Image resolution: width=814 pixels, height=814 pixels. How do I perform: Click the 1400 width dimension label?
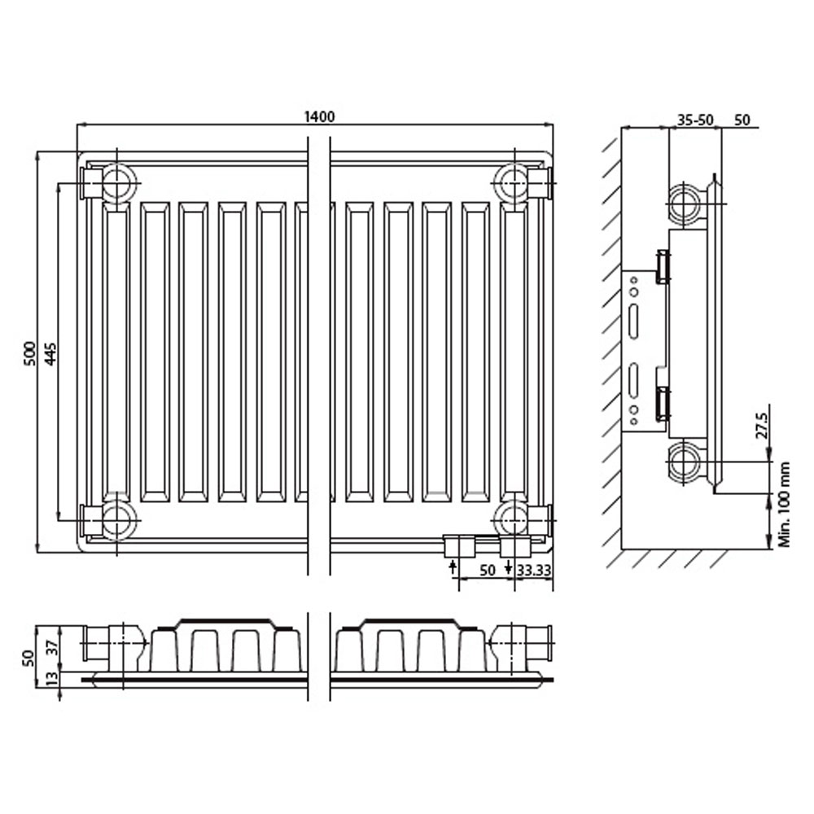pyautogui.click(x=319, y=116)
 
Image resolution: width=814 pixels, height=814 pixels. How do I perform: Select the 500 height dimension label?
pyautogui.click(x=31, y=353)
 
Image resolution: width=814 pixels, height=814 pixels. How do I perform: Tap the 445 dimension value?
pyautogui.click(x=50, y=353)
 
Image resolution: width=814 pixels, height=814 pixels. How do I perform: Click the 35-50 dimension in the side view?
pyautogui.click(x=695, y=120)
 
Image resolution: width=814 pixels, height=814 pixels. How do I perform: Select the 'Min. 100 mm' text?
pyautogui.click(x=784, y=504)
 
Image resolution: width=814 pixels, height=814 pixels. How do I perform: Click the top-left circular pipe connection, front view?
pyautogui.click(x=120, y=182)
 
